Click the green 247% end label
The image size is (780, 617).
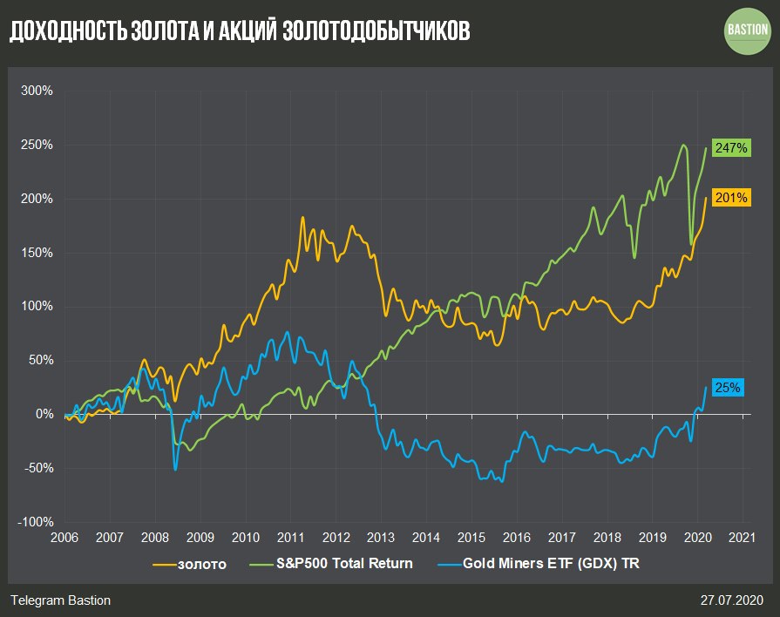click(x=730, y=148)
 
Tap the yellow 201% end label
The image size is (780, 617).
click(x=730, y=198)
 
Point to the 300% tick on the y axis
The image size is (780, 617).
click(x=37, y=91)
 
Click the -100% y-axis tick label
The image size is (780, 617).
click(x=36, y=522)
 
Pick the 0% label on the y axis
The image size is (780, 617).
click(x=44, y=415)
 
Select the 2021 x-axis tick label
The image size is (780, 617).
click(x=743, y=539)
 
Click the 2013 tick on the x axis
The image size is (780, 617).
click(x=381, y=539)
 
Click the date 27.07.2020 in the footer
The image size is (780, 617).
click(x=732, y=600)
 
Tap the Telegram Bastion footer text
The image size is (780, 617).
click(x=61, y=600)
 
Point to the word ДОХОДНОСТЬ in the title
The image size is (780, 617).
click(x=65, y=31)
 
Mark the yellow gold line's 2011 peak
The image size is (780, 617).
click(x=302, y=218)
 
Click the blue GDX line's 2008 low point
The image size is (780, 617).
click(x=175, y=470)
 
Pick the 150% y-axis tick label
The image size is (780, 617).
click(x=37, y=253)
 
